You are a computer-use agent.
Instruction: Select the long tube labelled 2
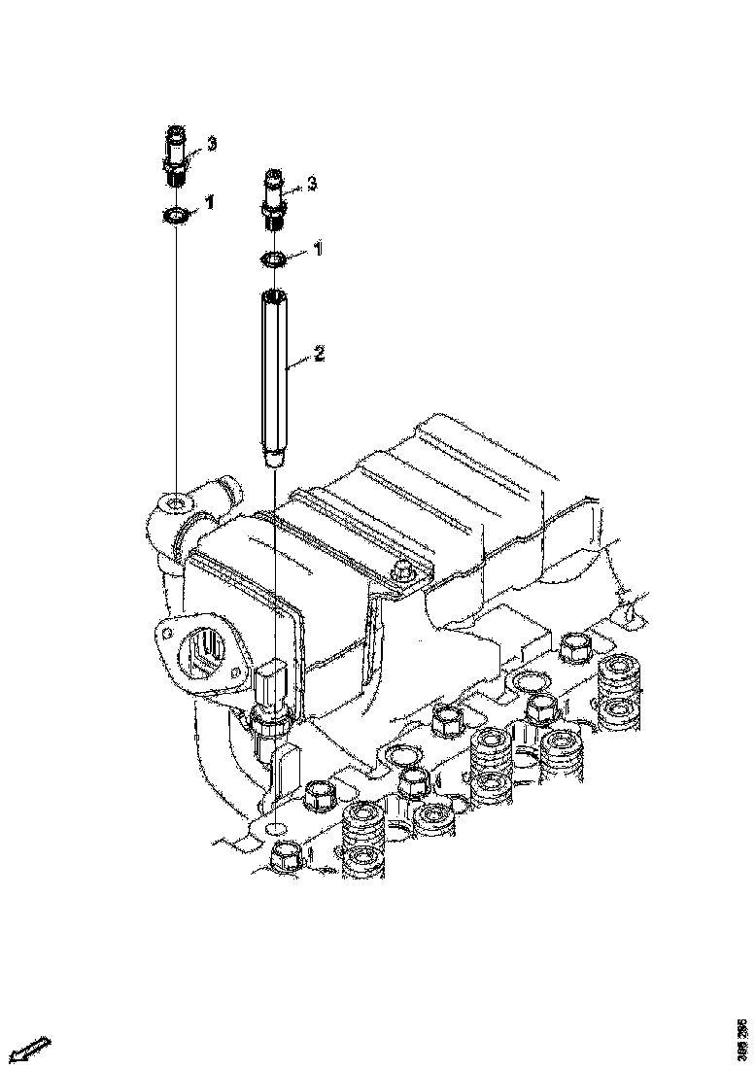pos(275,379)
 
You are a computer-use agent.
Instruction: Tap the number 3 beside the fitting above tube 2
pos(312,182)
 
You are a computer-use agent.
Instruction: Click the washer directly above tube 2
pos(274,259)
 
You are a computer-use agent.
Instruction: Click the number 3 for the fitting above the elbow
pos(212,144)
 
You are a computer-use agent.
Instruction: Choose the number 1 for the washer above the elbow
pos(210,202)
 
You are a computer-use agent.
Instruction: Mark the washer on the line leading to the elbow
pos(176,213)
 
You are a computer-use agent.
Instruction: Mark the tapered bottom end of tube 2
pos(275,456)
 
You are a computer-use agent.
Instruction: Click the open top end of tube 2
pos(275,295)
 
